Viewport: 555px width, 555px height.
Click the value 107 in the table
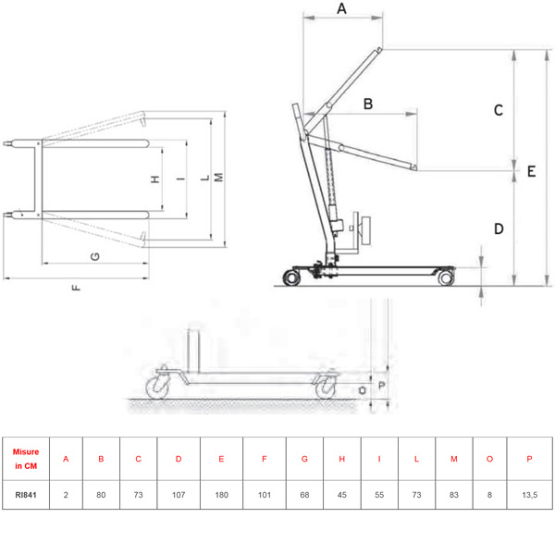tap(179, 495)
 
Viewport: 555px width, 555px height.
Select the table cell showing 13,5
tap(529, 495)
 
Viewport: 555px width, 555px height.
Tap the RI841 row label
tap(26, 495)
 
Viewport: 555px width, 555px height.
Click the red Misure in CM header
tap(26, 459)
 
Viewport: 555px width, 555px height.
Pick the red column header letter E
tap(221, 459)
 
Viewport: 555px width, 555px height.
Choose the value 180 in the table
tap(222, 495)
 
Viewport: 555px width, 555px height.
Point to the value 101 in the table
tap(265, 495)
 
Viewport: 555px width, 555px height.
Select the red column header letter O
tap(489, 459)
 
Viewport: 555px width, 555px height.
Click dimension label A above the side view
tap(341, 8)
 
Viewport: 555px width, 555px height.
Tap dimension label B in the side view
tap(368, 104)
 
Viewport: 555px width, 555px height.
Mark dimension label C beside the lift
tap(499, 110)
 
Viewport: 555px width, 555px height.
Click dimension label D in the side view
tap(499, 228)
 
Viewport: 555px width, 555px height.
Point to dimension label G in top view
tap(95, 256)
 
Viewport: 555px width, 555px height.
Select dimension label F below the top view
tap(76, 288)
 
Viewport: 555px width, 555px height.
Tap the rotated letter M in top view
tap(218, 178)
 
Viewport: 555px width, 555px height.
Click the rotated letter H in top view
tap(155, 179)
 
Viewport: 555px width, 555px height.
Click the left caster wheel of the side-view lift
tap(292, 277)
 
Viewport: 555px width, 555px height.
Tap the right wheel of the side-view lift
tap(446, 277)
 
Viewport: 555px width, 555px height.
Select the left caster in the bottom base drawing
tap(158, 387)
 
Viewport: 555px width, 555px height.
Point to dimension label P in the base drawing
tap(381, 385)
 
